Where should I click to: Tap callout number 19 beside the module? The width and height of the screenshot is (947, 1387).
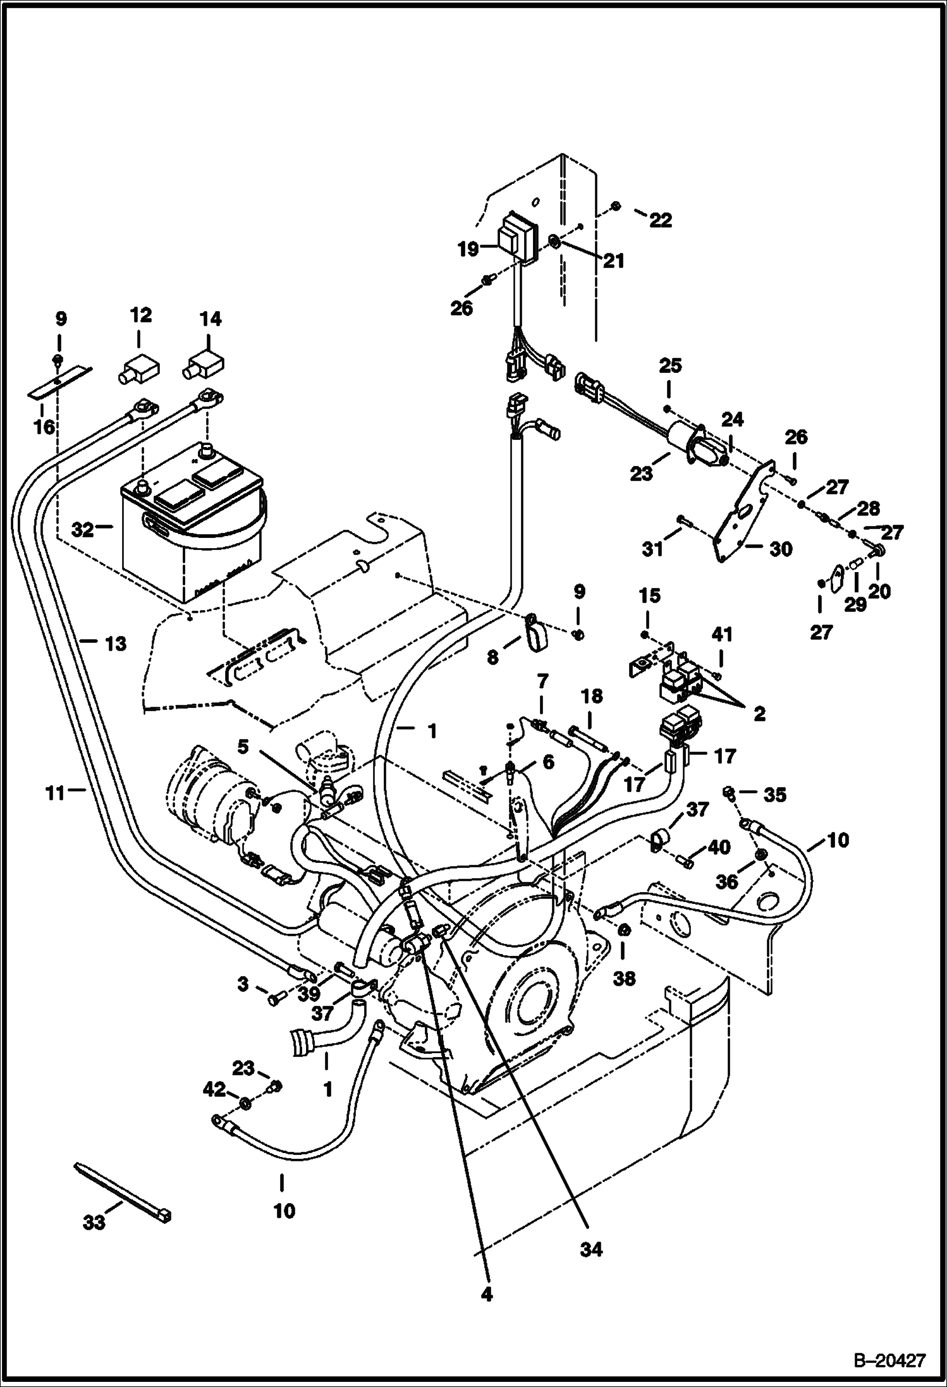[468, 250]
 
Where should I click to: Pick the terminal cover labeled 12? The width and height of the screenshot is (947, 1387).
[138, 370]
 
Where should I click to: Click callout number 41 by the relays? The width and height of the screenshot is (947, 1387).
[722, 634]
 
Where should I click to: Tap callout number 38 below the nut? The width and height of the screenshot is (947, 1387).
[624, 979]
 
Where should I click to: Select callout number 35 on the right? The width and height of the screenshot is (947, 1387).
[774, 795]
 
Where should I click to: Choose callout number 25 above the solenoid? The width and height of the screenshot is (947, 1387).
[670, 365]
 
